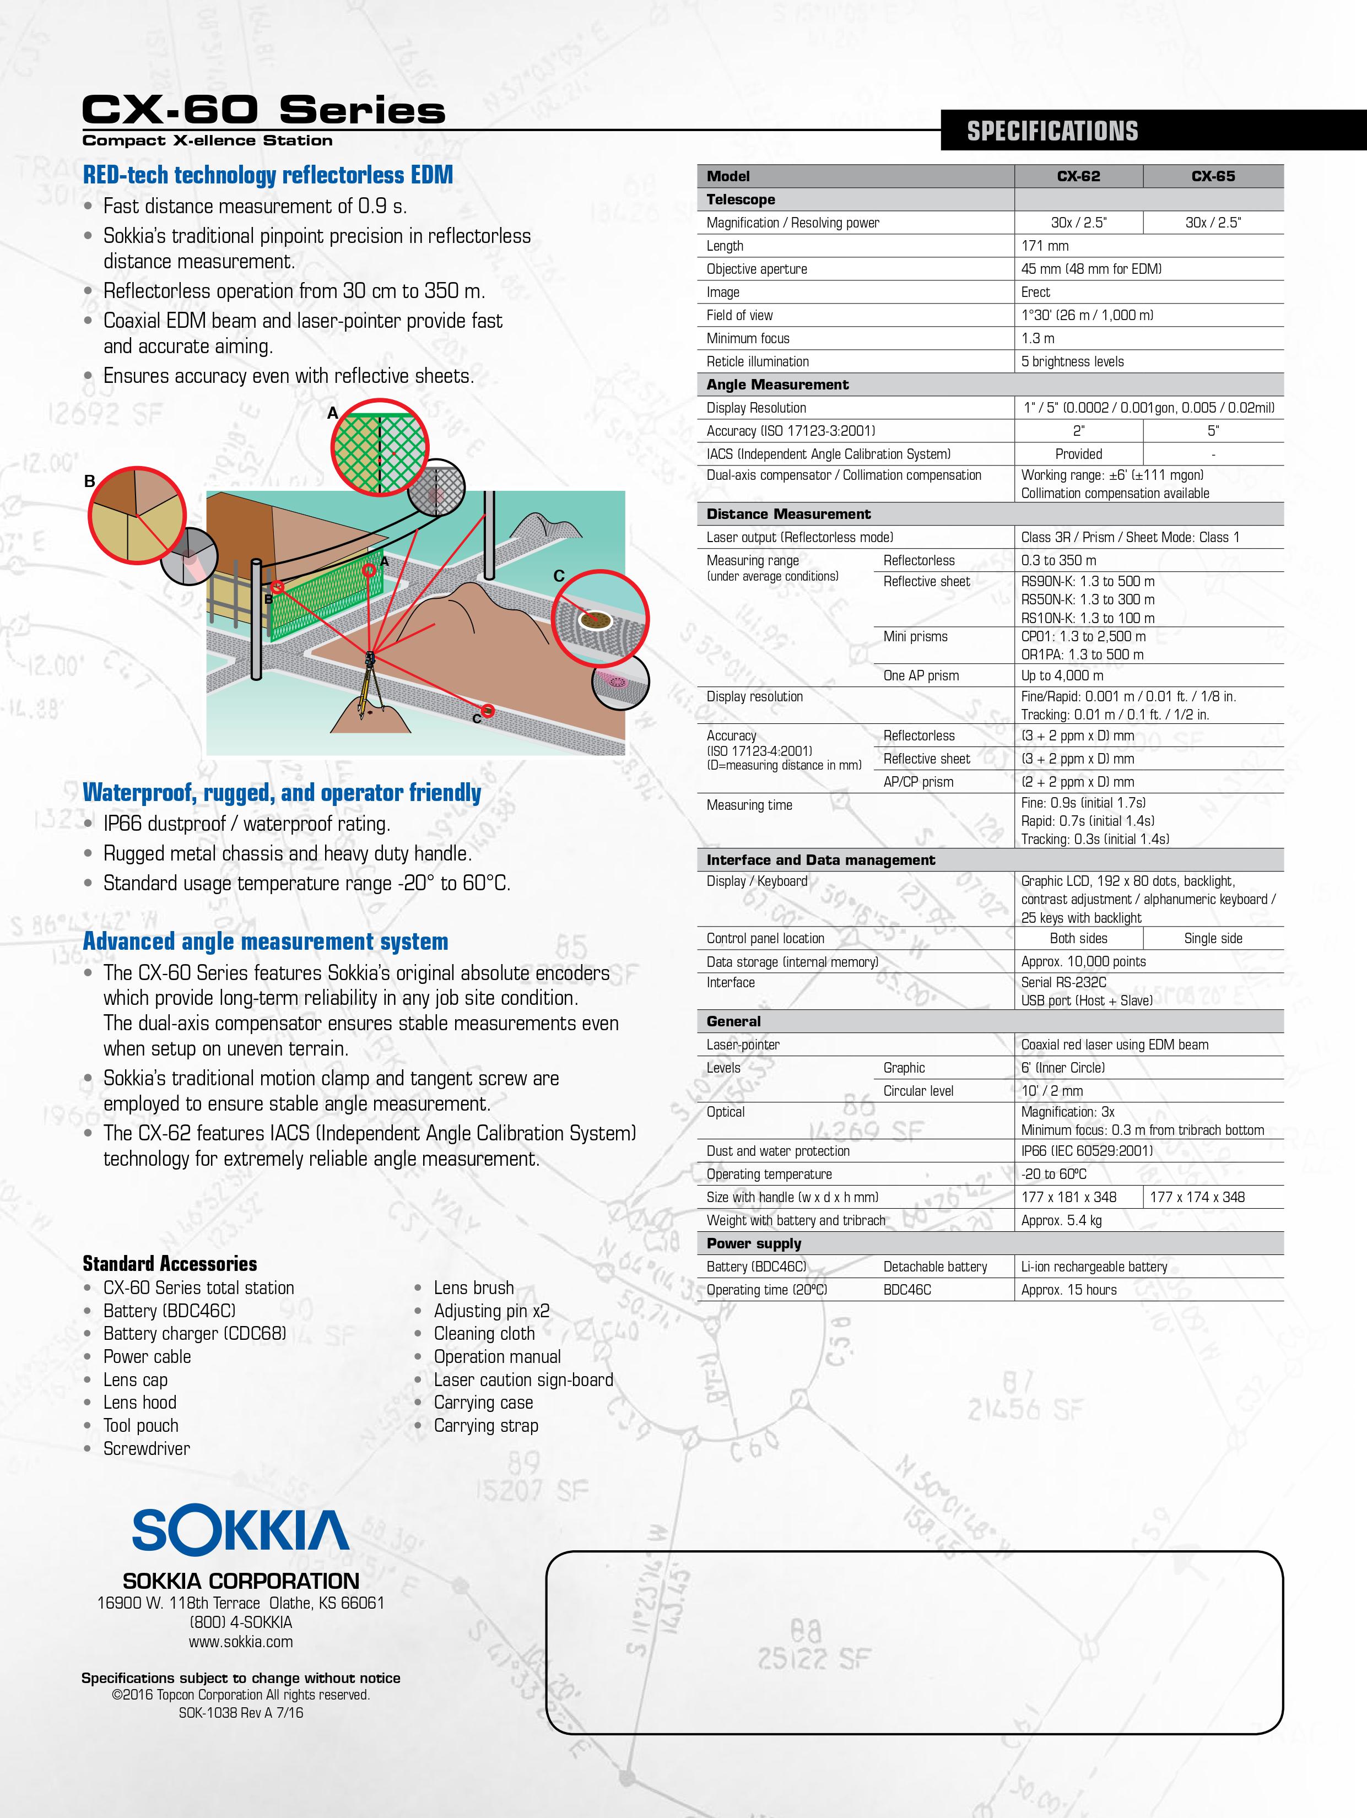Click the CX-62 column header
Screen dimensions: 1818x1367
[x=1078, y=176]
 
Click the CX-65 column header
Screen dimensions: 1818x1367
[x=1213, y=176]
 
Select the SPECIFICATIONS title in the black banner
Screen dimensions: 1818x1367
[x=1052, y=131]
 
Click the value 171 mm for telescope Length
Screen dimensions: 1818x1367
[x=1045, y=246]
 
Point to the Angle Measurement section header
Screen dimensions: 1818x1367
[x=777, y=385]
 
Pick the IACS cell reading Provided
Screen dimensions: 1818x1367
[x=1078, y=454]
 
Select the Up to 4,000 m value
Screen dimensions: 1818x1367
[x=1062, y=675]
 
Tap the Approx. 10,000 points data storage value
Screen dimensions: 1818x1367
[x=1083, y=961]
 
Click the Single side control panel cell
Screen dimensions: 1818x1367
[x=1213, y=939]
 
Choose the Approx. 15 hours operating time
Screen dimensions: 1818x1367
[x=1068, y=1290]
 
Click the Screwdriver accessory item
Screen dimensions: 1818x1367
[x=147, y=1448]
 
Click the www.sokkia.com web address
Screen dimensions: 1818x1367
[x=240, y=1641]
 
